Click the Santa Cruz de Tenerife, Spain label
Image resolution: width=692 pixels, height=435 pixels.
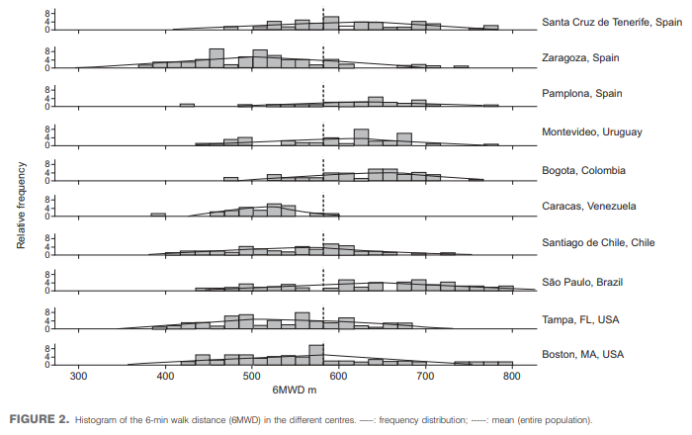point(612,22)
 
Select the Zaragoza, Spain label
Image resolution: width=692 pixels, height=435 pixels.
point(580,57)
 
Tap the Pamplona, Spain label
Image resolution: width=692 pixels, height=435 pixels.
point(582,94)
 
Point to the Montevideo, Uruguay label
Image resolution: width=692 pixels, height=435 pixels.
point(592,131)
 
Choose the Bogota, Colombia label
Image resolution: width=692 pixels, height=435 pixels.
point(583,170)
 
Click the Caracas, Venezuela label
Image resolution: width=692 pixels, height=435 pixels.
point(589,206)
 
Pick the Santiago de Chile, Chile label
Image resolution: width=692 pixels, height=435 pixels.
point(598,242)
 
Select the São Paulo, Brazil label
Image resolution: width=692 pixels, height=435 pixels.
point(582,283)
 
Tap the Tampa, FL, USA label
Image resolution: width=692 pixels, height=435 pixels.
point(580,320)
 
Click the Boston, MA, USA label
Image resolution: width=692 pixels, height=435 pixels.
point(582,355)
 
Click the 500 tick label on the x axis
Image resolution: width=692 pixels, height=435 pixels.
point(252,377)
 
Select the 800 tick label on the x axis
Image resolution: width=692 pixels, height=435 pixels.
point(512,377)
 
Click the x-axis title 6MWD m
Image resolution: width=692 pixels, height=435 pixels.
point(295,390)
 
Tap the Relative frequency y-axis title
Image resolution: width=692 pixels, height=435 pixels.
point(21,206)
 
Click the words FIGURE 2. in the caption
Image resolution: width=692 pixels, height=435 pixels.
point(40,419)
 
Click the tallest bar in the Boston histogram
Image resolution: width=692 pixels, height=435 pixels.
point(316,355)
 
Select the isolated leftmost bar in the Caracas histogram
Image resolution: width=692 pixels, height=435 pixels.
point(158,215)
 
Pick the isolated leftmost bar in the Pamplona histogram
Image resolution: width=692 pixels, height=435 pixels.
point(187,105)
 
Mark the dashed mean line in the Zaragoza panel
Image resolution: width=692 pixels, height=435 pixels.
point(323,57)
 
